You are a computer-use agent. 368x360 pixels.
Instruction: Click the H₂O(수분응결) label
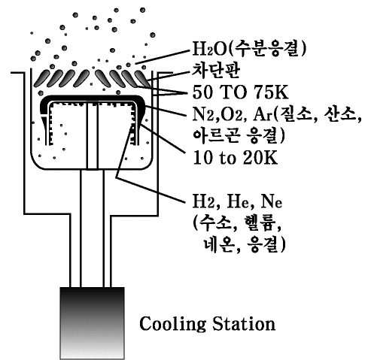[249, 48]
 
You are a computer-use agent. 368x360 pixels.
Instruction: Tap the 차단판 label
[216, 71]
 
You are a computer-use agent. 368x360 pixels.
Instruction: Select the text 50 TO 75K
[240, 92]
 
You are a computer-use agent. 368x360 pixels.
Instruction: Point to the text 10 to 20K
[235, 158]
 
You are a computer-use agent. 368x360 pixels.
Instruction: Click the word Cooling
[172, 324]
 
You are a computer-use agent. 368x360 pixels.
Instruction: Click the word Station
[244, 323]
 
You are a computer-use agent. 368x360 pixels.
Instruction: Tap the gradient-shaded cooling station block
[92, 323]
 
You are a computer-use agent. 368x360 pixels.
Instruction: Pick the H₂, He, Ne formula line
[237, 201]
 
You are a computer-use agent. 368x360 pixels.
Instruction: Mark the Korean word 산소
[339, 115]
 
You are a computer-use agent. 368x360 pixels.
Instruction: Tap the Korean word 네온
[219, 244]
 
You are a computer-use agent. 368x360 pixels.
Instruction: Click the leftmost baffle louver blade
[42, 78]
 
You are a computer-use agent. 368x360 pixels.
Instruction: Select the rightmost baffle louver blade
[143, 78]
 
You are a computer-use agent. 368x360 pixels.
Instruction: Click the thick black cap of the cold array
[93, 98]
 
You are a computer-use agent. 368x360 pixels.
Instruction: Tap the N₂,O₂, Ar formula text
[233, 115]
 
